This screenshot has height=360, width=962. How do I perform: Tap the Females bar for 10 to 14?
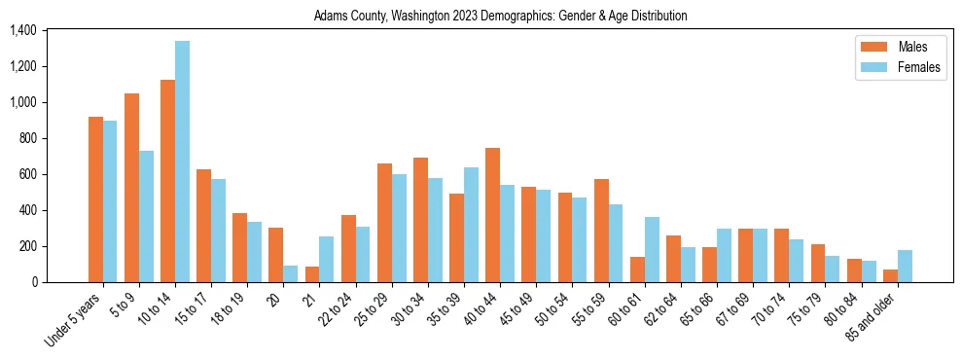pyautogui.click(x=182, y=162)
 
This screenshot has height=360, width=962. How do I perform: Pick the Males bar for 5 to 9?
pyautogui.click(x=131, y=188)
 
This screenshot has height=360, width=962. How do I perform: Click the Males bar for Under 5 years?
pyautogui.click(x=95, y=199)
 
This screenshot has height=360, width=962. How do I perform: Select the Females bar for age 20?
pyautogui.click(x=290, y=273)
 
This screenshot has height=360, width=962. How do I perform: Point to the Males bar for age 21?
pyautogui.click(x=312, y=274)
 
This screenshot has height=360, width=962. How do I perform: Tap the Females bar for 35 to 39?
pyautogui.click(x=471, y=225)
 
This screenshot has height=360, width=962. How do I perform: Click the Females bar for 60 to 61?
pyautogui.click(x=652, y=249)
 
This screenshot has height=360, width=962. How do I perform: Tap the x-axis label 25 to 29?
pyautogui.click(x=374, y=310)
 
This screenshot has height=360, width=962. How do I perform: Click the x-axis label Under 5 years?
pyautogui.click(x=75, y=322)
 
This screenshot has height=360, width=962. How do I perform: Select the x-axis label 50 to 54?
pyautogui.click(x=555, y=310)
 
